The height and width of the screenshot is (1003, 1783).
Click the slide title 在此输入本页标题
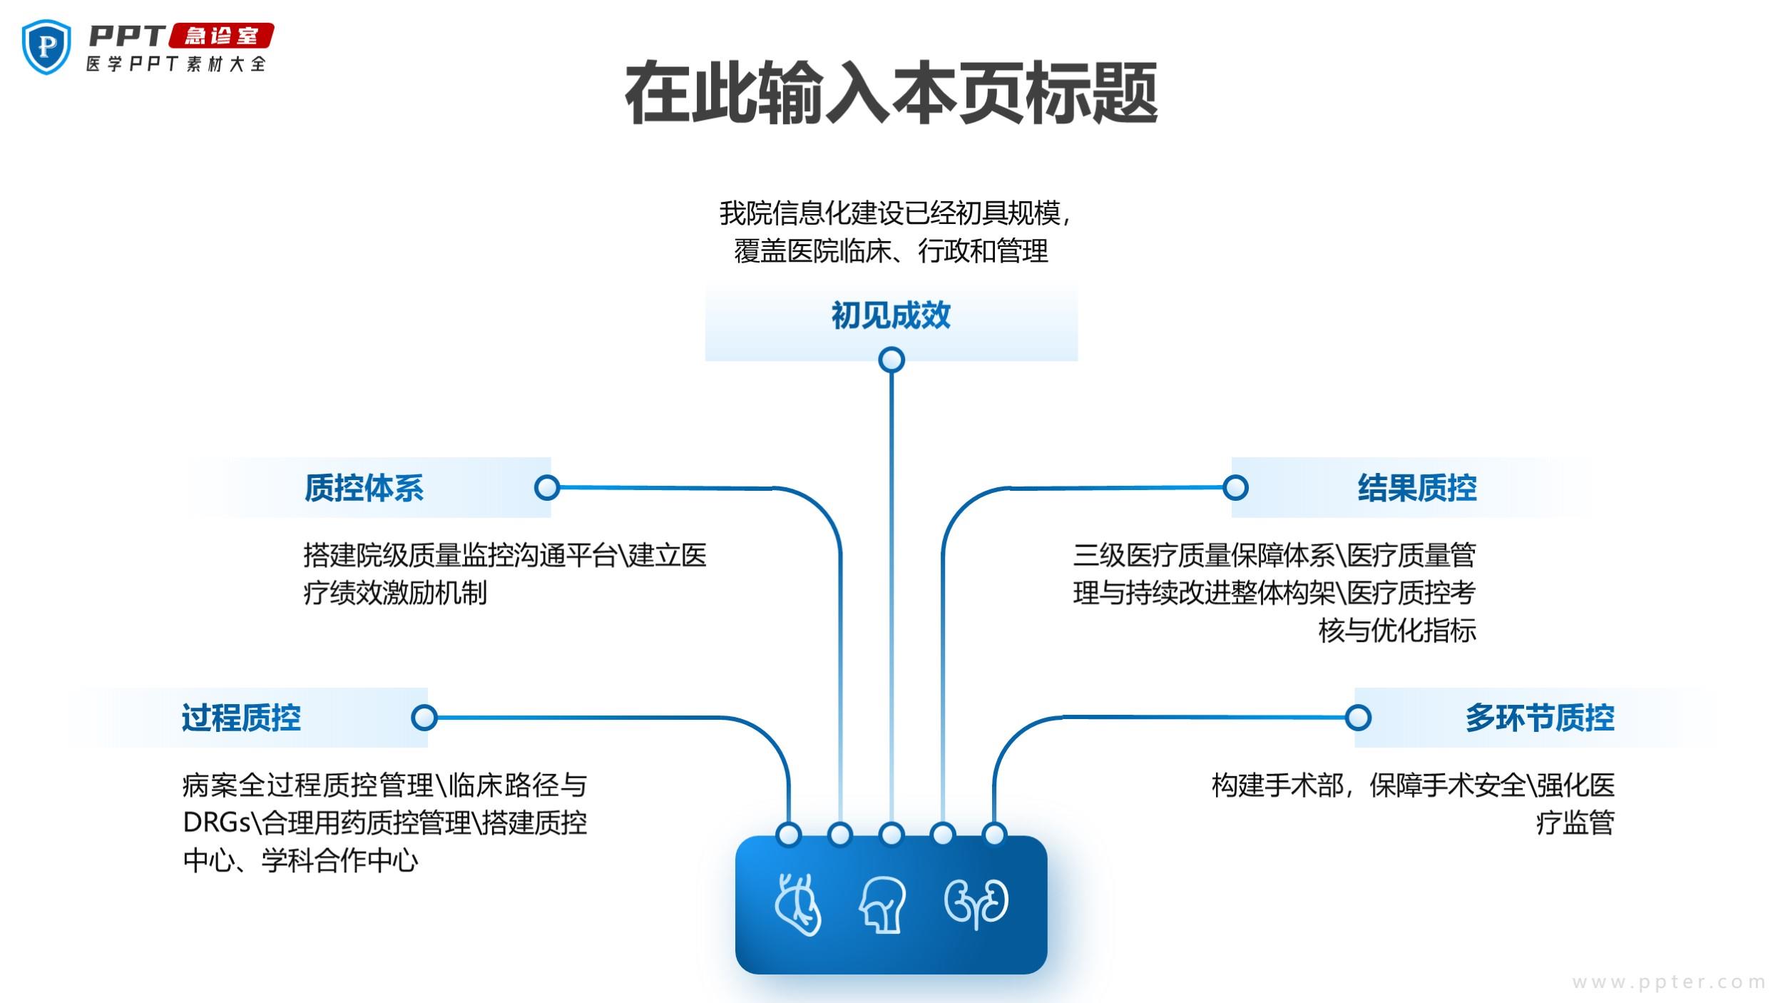pos(891,93)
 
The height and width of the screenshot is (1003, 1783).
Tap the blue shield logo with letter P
pos(46,46)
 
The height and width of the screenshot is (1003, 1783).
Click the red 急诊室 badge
pos(221,35)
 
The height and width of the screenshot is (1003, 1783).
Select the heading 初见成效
pos(891,315)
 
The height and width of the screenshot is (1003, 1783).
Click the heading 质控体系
pos(364,488)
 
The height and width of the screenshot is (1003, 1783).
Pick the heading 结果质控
pos(1416,488)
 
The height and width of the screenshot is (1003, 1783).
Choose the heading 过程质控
pos(241,718)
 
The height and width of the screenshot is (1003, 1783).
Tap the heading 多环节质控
pos(1540,718)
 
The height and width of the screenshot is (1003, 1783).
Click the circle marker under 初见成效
pos(891,360)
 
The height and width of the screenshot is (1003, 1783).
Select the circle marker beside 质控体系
pos(547,488)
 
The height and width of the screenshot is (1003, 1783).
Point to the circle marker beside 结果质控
pos(1235,488)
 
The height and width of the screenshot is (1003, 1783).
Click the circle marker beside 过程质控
pos(424,718)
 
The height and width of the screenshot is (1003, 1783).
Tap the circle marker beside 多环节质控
pos(1358,718)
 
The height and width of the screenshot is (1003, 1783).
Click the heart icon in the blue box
pos(798,904)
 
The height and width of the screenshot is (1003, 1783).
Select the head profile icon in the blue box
pos(883,904)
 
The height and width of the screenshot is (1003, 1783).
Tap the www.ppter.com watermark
pos(1669,982)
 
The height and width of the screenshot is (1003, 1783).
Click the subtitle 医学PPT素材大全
pos(176,64)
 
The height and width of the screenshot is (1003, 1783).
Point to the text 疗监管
pos(1575,823)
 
